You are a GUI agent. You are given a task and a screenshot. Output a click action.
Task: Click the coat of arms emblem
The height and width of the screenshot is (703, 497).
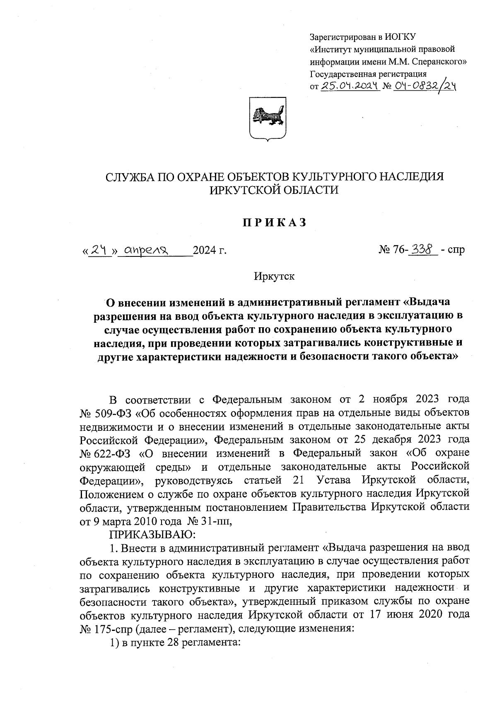pyautogui.click(x=267, y=118)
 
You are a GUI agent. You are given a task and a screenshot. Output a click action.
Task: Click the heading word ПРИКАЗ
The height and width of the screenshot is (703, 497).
pyautogui.click(x=275, y=222)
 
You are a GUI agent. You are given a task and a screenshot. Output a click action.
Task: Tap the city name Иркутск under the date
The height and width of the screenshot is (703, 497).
pyautogui.click(x=274, y=276)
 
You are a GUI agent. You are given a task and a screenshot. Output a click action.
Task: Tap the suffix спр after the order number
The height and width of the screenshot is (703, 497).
pyautogui.click(x=456, y=250)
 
